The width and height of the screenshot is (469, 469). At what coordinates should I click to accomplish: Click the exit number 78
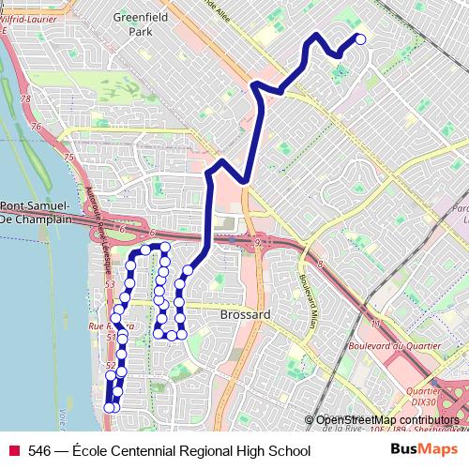coord(25,98)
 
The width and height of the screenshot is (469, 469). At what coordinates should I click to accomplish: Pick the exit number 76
coord(37,128)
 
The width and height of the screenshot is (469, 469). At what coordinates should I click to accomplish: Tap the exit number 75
coord(68,158)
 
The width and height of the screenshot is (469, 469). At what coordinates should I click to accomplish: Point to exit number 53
coord(110,283)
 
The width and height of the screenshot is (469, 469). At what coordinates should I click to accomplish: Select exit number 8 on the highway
coord(320,265)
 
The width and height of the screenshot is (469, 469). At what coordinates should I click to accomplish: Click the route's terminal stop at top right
coord(360,38)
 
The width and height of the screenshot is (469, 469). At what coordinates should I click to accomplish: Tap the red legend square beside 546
coord(14,451)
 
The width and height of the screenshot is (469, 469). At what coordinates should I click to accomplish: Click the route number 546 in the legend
coord(39,451)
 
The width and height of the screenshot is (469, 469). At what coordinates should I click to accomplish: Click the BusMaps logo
coord(424,449)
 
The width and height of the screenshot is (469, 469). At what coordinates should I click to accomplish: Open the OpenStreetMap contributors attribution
coord(387,419)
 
